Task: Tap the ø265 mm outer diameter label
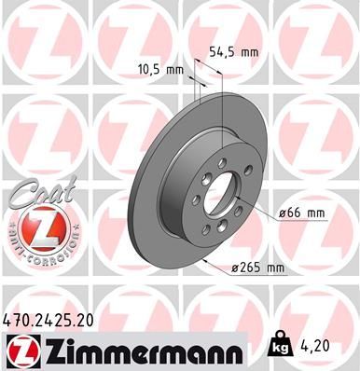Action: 257,270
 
